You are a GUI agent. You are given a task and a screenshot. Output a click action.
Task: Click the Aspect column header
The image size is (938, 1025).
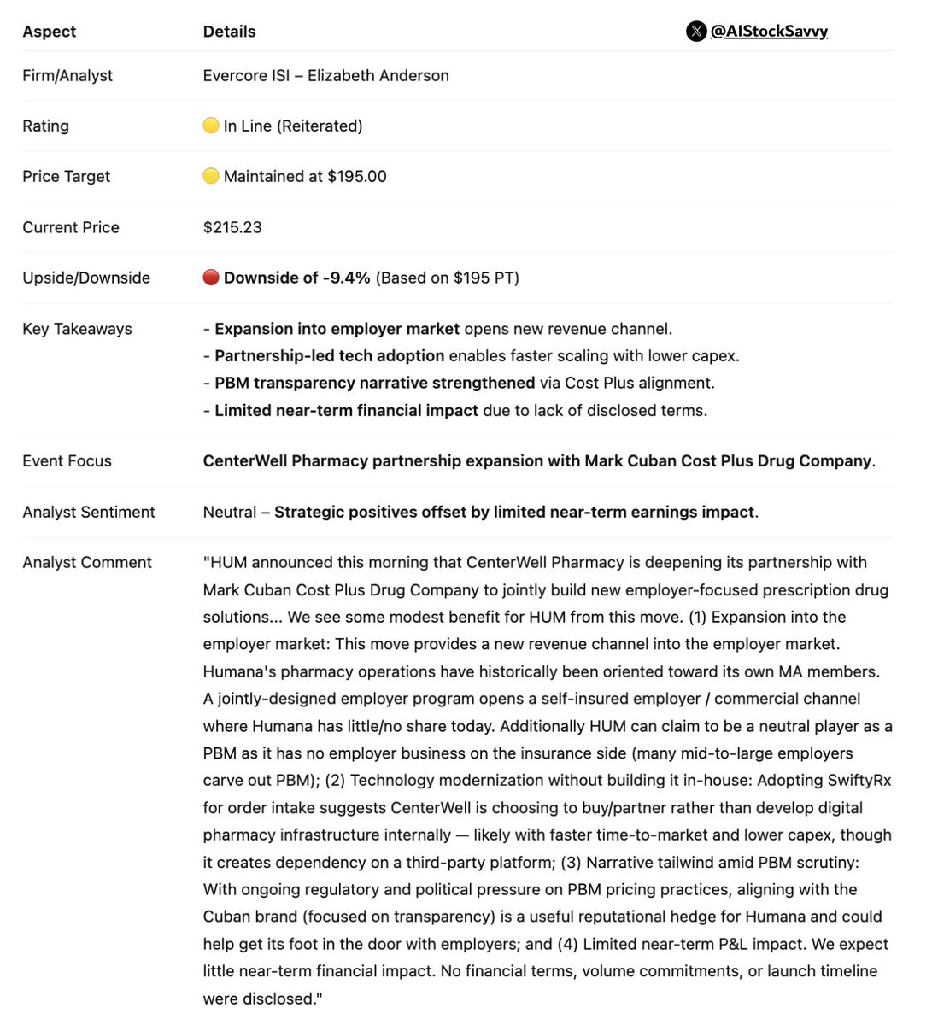pyautogui.click(x=49, y=32)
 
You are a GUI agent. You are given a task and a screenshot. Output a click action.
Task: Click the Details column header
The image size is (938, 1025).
pyautogui.click(x=229, y=32)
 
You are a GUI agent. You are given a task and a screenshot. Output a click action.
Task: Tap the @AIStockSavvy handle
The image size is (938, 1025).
pyautogui.click(x=769, y=32)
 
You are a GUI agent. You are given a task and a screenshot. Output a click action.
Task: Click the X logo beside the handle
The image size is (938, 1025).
pyautogui.click(x=696, y=32)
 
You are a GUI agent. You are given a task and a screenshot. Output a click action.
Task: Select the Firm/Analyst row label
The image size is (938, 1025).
pyautogui.click(x=67, y=75)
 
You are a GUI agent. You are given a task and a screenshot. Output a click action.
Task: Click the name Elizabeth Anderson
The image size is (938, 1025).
pyautogui.click(x=378, y=75)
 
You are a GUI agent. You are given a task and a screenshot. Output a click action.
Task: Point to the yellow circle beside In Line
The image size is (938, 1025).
pyautogui.click(x=211, y=126)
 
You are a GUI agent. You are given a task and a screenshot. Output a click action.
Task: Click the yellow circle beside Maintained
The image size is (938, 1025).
pyautogui.click(x=211, y=177)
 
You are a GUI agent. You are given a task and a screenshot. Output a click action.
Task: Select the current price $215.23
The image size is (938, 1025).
pyautogui.click(x=232, y=227)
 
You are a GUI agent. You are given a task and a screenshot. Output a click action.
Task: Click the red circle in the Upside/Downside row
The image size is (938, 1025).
pyautogui.click(x=211, y=278)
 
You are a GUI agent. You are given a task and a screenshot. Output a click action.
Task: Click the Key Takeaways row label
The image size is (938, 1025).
pyautogui.click(x=77, y=329)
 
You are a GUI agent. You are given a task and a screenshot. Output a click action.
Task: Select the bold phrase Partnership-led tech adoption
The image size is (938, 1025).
pyautogui.click(x=329, y=355)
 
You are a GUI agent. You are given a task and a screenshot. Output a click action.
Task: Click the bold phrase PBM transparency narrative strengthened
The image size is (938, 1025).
pyautogui.click(x=374, y=383)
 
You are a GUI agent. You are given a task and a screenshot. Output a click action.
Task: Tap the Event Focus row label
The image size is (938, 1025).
pyautogui.click(x=67, y=461)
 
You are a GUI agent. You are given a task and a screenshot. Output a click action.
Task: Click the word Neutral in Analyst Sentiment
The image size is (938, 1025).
pyautogui.click(x=230, y=512)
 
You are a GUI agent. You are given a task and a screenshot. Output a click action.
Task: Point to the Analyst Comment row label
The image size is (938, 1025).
pyautogui.click(x=87, y=562)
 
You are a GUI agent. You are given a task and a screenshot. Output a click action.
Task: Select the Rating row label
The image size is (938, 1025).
pyautogui.click(x=45, y=126)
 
